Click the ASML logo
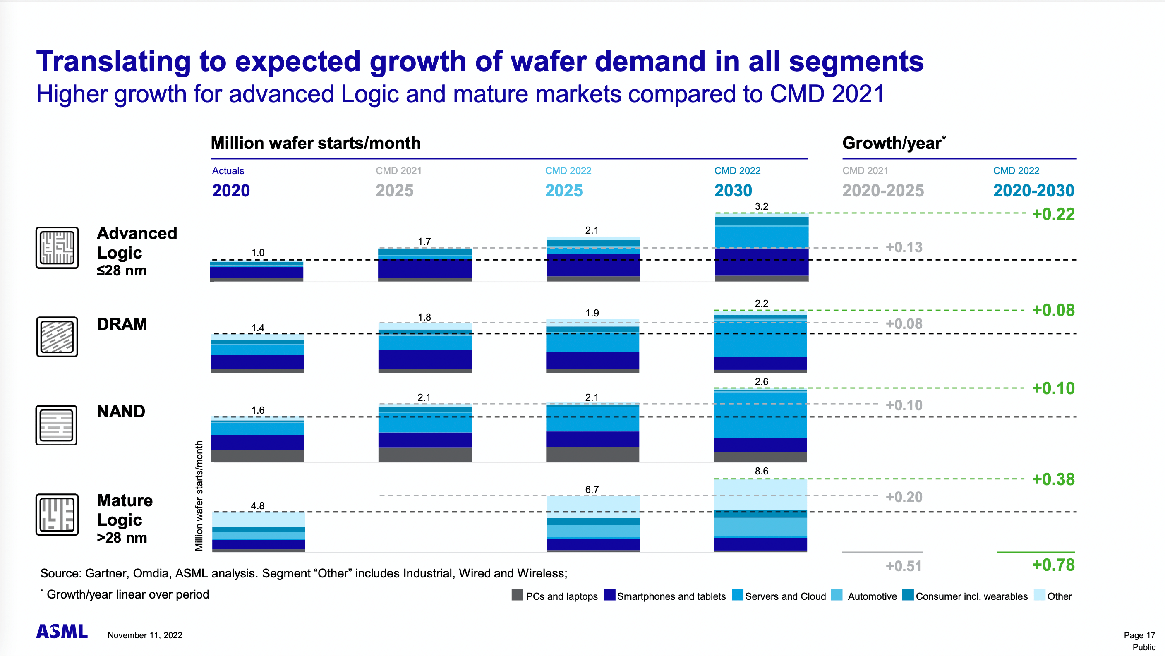pos(62,631)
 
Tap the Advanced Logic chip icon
pos(58,248)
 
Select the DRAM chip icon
pos(57,337)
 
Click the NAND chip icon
pos(57,425)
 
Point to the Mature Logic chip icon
pos(58,515)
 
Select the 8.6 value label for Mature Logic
pos(761,471)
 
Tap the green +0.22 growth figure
pos(1053,214)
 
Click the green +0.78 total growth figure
pos(1053,565)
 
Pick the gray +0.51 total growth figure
pos(904,566)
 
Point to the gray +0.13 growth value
pos(904,247)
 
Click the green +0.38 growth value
pos(1053,479)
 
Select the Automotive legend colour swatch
pos(837,595)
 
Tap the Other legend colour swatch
pos(1040,595)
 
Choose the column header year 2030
pos(733,191)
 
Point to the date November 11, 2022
pos(145,635)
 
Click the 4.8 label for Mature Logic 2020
pos(258,506)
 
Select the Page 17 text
pos(1139,635)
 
